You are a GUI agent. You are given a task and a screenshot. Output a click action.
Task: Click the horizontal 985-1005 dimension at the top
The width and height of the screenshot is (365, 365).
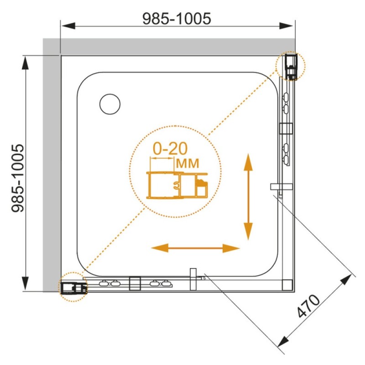(177, 19)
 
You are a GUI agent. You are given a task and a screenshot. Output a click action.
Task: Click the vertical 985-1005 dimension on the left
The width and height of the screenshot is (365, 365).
(18, 178)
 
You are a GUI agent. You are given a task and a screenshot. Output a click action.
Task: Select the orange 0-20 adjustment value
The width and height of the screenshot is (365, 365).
(170, 149)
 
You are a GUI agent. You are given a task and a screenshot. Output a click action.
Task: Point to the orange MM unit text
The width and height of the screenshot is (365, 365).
(188, 163)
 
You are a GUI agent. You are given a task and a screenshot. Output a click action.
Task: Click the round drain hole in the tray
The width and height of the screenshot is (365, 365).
(110, 104)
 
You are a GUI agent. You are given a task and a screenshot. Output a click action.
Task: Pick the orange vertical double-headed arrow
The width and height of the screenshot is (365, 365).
(248, 197)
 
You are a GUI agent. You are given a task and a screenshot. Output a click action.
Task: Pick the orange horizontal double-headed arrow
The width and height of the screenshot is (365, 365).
(195, 248)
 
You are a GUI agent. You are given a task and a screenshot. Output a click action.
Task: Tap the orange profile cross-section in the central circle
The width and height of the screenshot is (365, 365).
(177, 185)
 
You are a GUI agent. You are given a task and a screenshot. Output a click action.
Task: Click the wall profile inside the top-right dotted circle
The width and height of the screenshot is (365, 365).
(291, 67)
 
